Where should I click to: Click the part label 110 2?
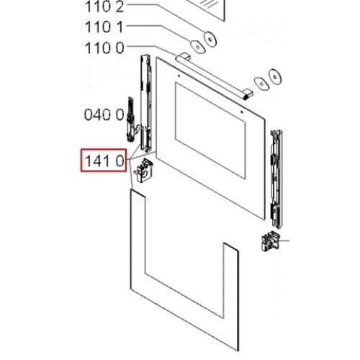click(x=104, y=7)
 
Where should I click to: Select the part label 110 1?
click(x=104, y=27)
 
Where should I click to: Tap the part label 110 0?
click(x=104, y=48)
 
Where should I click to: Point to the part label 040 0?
click(x=104, y=114)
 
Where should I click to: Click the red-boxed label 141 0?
click(x=104, y=161)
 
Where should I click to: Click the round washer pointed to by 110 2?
click(x=210, y=39)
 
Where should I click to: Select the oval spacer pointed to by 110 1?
click(x=198, y=47)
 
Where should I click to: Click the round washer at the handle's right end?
click(x=275, y=77)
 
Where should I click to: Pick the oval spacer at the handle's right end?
click(x=261, y=84)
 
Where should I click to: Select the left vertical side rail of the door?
click(x=146, y=103)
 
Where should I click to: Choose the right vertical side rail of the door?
click(x=276, y=179)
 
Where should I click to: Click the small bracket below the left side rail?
click(x=144, y=170)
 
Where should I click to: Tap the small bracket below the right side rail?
click(x=269, y=240)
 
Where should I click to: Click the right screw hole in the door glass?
click(x=242, y=112)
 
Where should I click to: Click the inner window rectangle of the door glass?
click(x=210, y=131)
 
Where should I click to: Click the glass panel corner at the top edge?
click(x=156, y=58)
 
